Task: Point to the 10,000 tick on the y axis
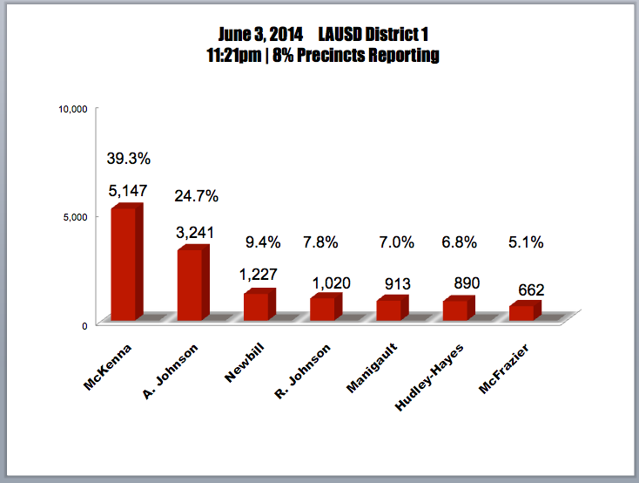tap(72, 109)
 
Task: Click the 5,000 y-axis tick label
tap(75, 217)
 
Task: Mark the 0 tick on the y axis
tap(84, 325)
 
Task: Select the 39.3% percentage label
tap(129, 159)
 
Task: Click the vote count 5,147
tap(128, 190)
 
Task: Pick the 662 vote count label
tap(527, 289)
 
